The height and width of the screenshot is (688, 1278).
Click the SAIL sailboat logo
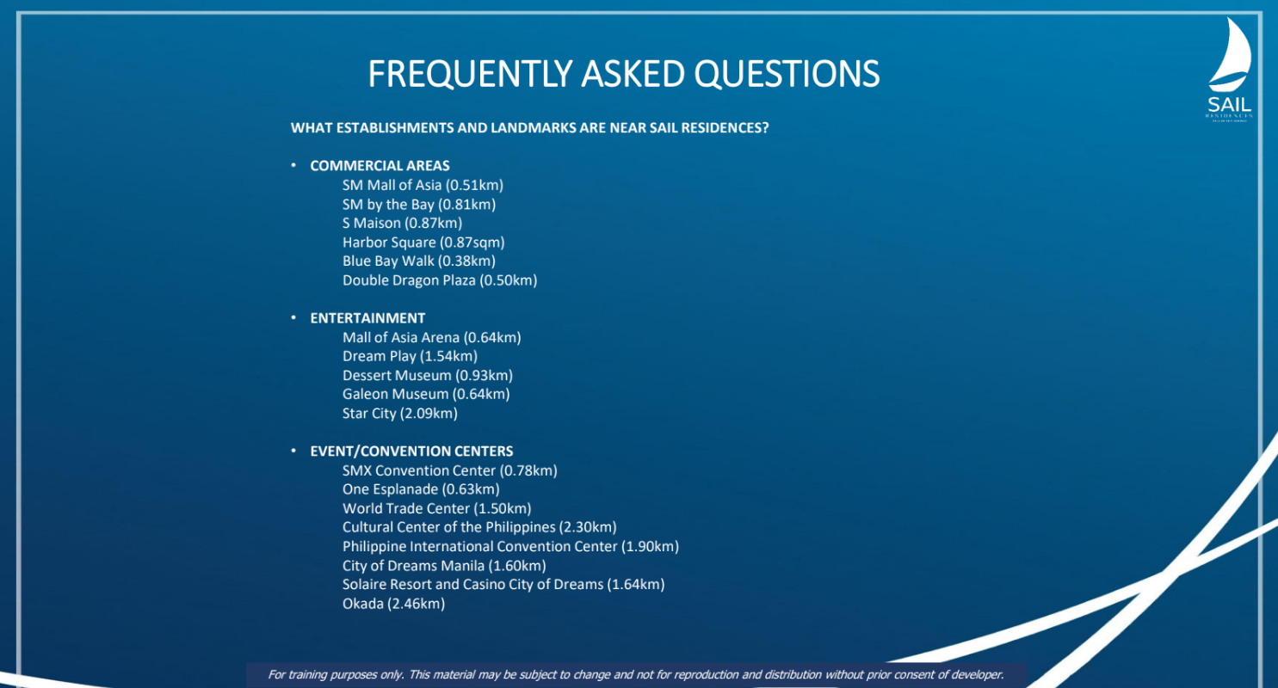1230,69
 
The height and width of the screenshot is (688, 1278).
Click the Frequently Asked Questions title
624,74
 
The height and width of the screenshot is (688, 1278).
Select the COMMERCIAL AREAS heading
380,166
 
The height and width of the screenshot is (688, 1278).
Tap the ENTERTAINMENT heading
367,318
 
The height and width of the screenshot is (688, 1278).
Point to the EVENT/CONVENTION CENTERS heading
411,451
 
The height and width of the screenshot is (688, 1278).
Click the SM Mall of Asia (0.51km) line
423,185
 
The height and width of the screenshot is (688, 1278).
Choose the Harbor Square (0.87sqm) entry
423,243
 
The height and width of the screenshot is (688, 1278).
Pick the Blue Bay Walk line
419,261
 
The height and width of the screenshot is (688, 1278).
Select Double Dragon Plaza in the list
439,280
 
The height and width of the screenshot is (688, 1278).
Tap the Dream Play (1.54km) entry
410,356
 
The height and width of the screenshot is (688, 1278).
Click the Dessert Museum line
428,376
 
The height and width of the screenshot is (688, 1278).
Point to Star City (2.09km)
400,414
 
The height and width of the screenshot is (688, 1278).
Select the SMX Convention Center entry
449,470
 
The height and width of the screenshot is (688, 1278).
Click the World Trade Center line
436,508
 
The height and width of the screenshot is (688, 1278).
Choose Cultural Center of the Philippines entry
479,527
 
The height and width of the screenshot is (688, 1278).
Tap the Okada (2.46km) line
393,604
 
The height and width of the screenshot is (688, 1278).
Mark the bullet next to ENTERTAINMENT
293,317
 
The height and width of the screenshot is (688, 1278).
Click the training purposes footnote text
636,675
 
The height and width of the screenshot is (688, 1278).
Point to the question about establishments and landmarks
529,127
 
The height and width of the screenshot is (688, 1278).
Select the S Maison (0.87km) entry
402,223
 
